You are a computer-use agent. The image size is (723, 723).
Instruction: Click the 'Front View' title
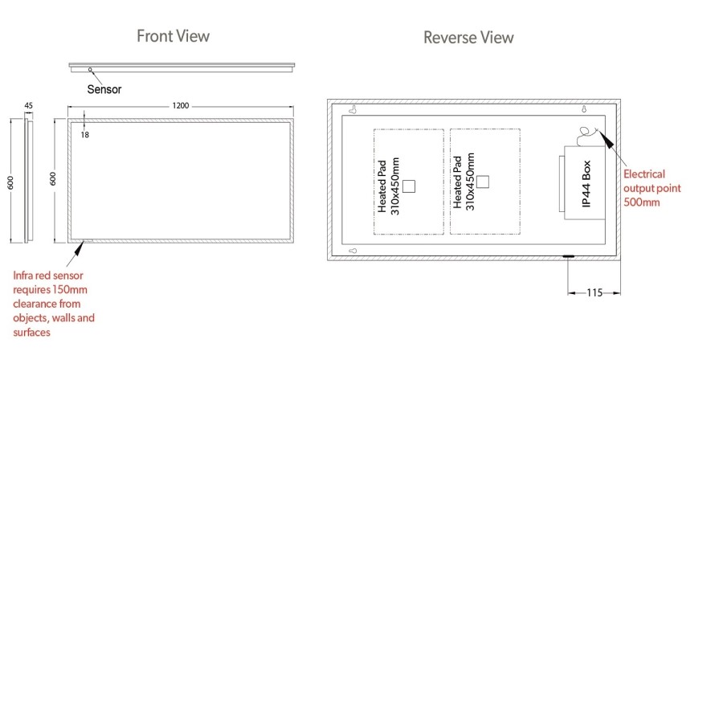(x=173, y=36)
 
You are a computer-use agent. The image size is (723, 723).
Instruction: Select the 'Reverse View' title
(x=468, y=38)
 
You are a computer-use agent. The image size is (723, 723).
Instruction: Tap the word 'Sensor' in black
(x=104, y=89)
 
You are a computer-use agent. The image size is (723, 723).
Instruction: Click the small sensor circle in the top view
(x=91, y=70)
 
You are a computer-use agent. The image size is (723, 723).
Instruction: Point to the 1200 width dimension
(x=181, y=107)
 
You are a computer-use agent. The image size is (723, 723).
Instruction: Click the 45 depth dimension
(x=29, y=106)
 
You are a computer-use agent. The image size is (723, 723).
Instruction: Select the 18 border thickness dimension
(x=84, y=135)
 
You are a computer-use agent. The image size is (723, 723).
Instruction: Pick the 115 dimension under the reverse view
(x=594, y=293)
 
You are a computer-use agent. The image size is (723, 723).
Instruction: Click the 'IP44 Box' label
(x=586, y=184)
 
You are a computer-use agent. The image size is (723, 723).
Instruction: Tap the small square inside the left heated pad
(x=409, y=186)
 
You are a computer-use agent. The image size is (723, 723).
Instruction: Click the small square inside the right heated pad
(x=483, y=181)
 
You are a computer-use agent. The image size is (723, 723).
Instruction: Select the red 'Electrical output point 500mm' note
(x=652, y=188)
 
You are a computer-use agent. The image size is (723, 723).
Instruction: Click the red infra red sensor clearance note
(x=53, y=304)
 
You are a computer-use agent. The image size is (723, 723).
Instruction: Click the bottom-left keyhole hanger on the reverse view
(x=353, y=251)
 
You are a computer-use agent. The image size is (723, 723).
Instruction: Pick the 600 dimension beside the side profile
(x=11, y=182)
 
